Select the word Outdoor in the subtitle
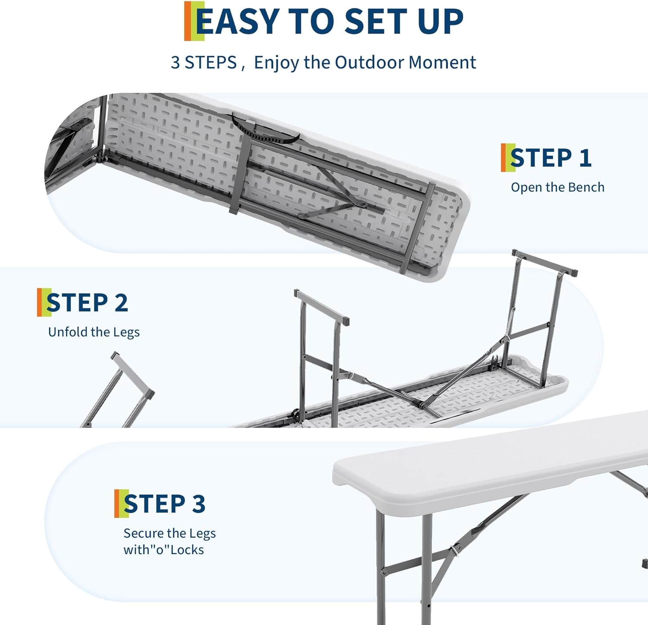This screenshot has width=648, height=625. [x=369, y=62]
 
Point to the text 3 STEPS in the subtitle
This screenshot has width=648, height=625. [x=204, y=63]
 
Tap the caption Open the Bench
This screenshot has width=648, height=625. [x=557, y=187]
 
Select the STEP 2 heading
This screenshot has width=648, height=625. [x=87, y=302]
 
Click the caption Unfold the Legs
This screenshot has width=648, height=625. [x=94, y=332]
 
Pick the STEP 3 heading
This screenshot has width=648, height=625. [x=164, y=504]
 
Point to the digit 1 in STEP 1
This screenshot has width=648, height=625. [x=585, y=158]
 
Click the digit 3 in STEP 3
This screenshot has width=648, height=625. [x=198, y=504]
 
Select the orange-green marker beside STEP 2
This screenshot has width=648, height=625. [x=42, y=302]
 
